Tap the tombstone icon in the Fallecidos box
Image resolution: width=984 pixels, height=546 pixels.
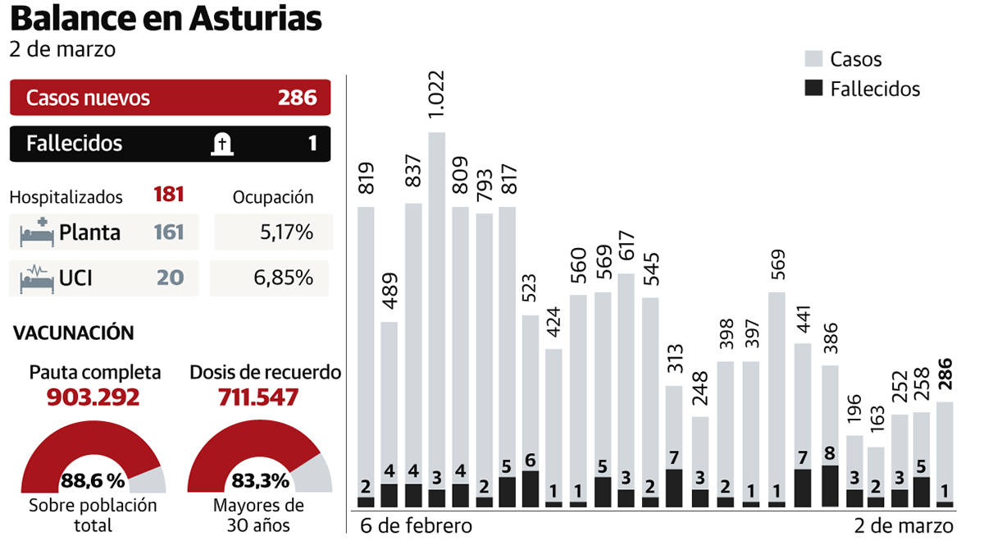[x=221, y=145]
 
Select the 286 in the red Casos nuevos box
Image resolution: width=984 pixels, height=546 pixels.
[x=297, y=98]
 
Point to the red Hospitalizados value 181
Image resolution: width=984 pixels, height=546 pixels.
[x=168, y=195]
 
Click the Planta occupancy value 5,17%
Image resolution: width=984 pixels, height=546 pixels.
[x=286, y=232]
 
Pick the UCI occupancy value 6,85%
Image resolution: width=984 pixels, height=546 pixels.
[x=284, y=278]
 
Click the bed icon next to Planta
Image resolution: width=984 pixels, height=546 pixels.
[x=36, y=232]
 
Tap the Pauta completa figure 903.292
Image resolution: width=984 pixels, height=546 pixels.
[x=93, y=397]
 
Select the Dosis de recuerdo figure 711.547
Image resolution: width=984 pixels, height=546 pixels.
[x=258, y=397]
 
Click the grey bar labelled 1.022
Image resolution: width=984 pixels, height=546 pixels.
[x=437, y=312]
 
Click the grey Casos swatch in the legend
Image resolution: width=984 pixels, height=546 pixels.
[x=813, y=59]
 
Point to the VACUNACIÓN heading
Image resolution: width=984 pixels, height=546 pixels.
[x=74, y=333]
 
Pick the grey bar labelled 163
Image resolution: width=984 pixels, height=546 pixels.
[x=877, y=472]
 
